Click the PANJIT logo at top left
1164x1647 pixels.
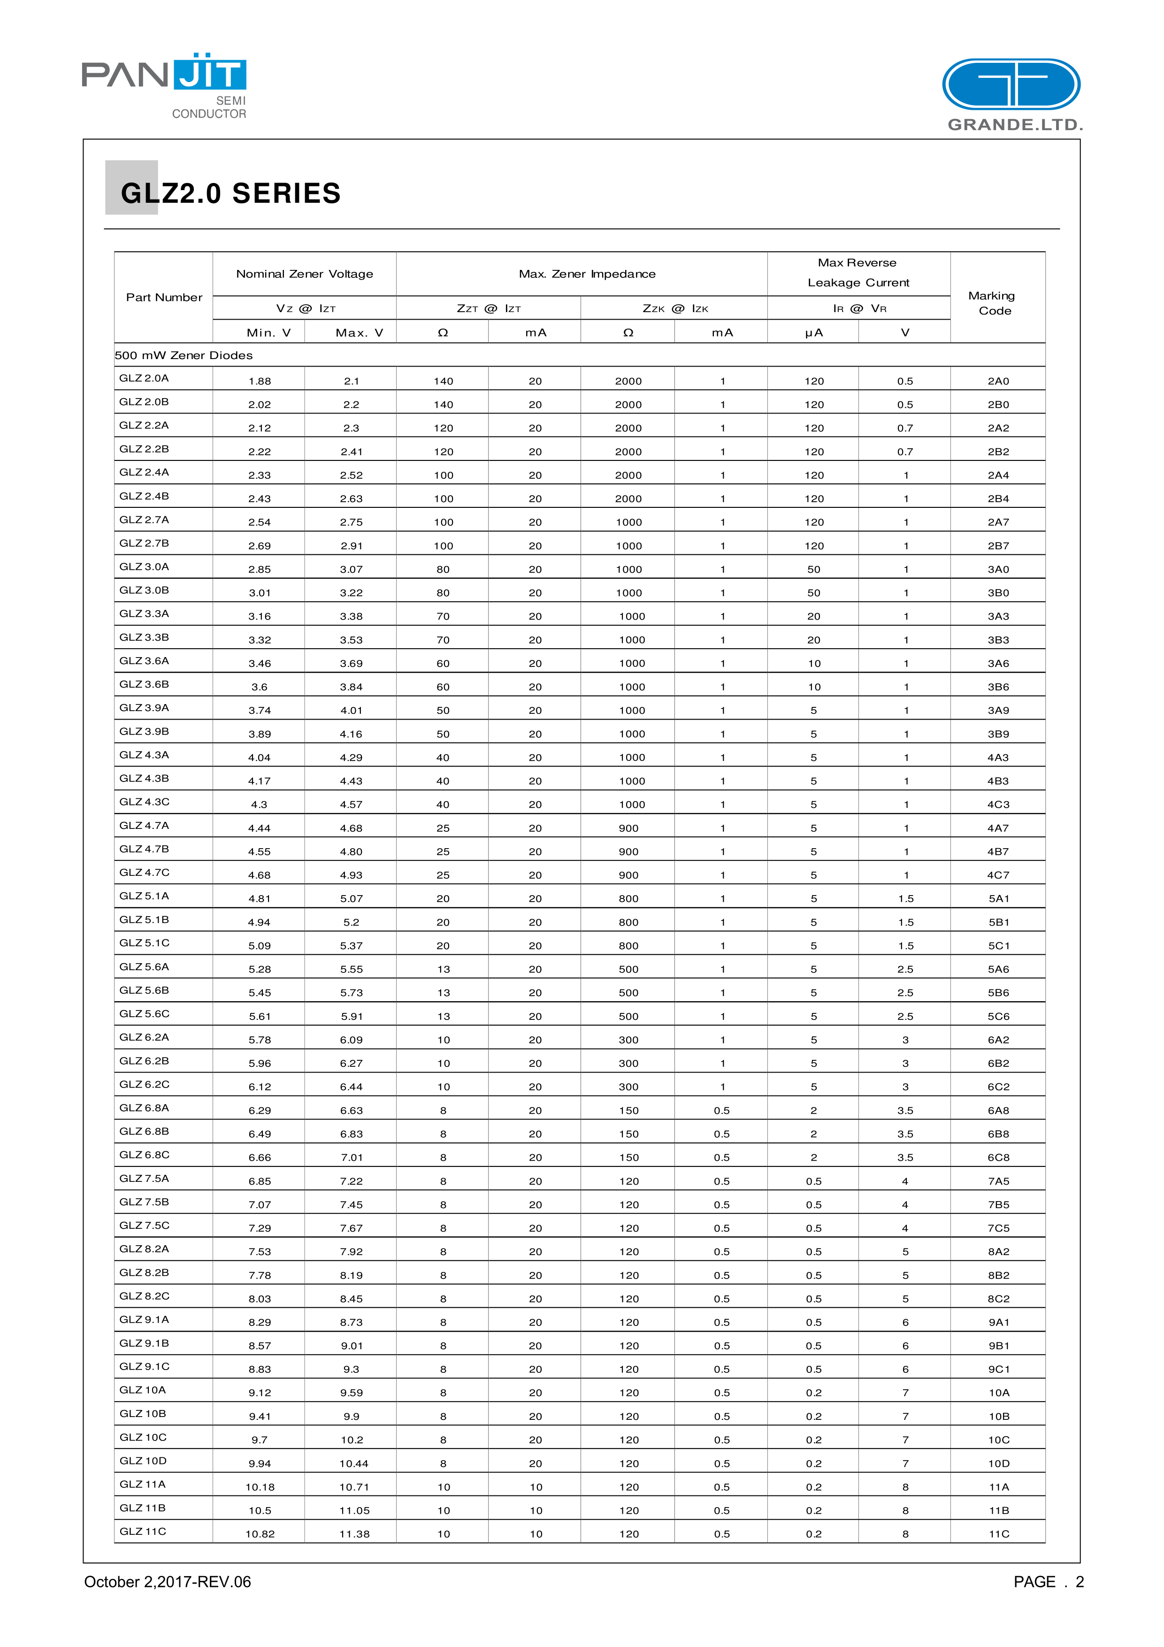pos(164,84)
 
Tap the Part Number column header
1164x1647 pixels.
pos(164,297)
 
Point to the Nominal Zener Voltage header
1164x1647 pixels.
pos(304,274)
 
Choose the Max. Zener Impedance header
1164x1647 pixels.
pos(587,274)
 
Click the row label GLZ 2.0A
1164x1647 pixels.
pos(144,378)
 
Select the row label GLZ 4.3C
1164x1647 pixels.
pos(144,802)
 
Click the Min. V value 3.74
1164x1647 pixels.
pos(259,710)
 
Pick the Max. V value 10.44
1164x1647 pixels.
pos(353,1463)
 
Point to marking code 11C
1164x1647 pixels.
pos(998,1534)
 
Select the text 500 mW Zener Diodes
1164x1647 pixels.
pos(184,355)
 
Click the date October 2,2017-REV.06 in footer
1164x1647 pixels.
pos(167,1582)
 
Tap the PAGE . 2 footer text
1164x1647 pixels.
pos(1048,1582)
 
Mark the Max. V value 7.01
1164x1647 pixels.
pos(352,1157)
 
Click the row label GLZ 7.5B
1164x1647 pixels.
pos(144,1202)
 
